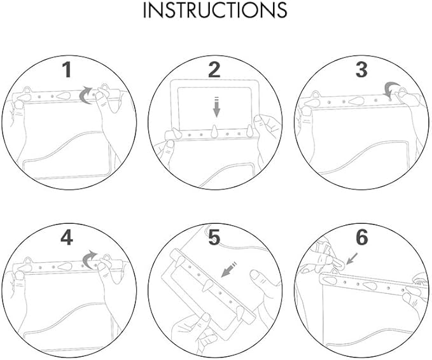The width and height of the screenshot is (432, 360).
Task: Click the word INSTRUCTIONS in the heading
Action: pos(215,10)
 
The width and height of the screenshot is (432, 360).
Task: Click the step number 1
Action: pos(67,70)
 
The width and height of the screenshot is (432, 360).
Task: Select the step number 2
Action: pos(214,70)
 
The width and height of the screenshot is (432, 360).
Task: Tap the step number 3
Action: pos(362,70)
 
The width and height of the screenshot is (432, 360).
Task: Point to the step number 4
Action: pos(67,238)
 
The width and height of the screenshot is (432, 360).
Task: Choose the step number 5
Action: pos(214,238)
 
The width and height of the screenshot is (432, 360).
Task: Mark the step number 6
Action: pos(362,237)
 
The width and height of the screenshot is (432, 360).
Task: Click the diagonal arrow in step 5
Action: pos(229,269)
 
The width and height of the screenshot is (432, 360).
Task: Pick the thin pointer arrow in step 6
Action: pos(352,258)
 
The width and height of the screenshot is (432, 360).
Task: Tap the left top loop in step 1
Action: pos(27,90)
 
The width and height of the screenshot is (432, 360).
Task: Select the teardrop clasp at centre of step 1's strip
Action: pos(64,96)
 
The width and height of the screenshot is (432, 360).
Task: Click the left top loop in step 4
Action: pos(28,260)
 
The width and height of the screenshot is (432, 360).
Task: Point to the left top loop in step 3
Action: pos(315,95)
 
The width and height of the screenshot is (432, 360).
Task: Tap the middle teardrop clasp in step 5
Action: pos(207,285)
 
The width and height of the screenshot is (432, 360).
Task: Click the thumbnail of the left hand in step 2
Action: pos(171,144)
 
